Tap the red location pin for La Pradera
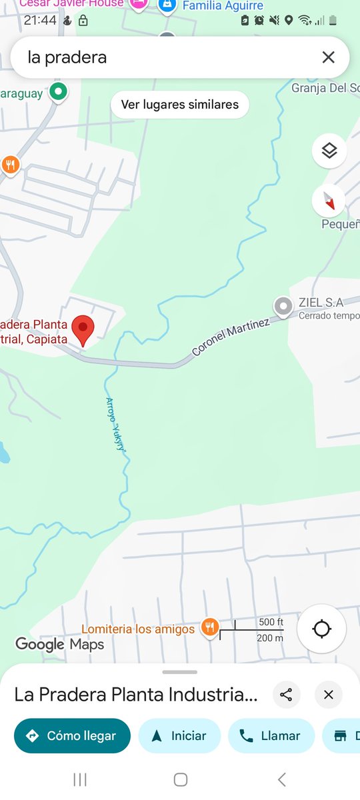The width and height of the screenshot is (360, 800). click(83, 329)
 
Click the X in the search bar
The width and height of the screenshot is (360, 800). click(328, 57)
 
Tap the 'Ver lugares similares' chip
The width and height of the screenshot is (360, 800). click(180, 105)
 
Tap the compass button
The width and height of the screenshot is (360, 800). click(329, 199)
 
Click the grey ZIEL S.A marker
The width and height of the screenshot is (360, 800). click(283, 307)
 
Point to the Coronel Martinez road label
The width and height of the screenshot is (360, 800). click(231, 337)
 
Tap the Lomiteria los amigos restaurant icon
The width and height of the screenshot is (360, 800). click(210, 627)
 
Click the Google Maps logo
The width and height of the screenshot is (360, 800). click(60, 644)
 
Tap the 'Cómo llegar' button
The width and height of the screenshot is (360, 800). click(72, 736)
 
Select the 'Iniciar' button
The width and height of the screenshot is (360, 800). click(179, 736)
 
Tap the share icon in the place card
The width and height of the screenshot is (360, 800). click(287, 695)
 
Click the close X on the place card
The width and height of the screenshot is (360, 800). click(328, 695)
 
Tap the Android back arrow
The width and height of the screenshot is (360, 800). click(281, 779)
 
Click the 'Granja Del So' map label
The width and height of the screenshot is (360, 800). click(325, 88)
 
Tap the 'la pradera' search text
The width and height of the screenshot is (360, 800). click(67, 57)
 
